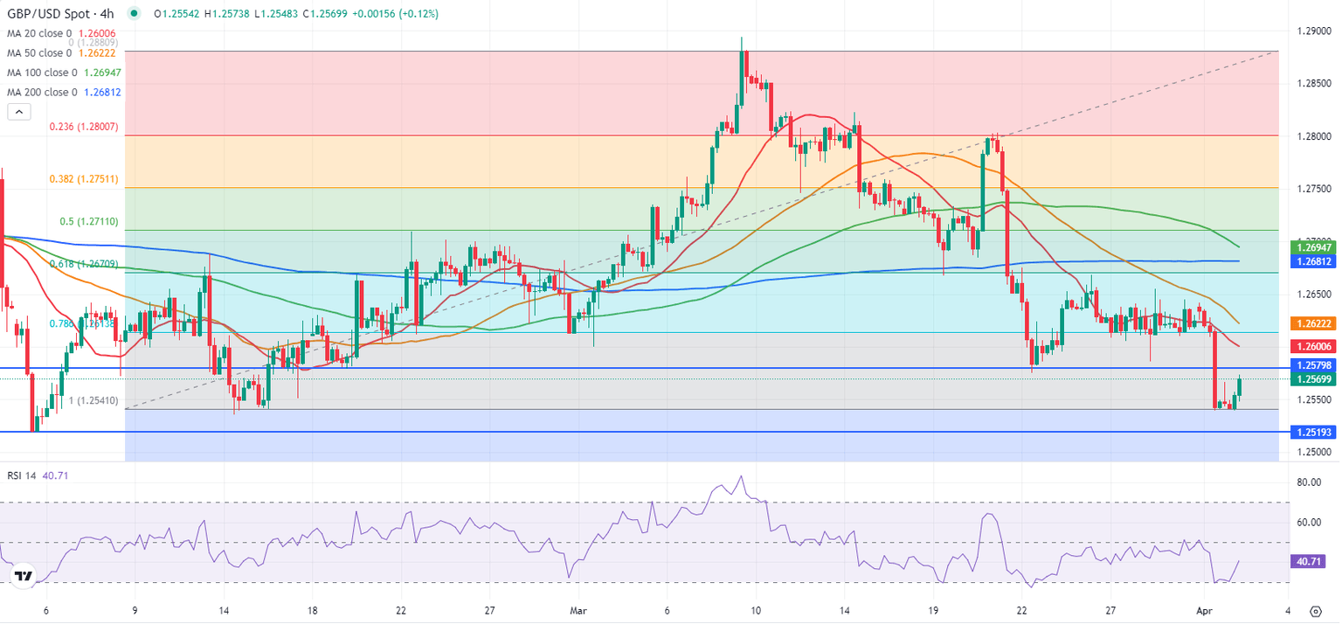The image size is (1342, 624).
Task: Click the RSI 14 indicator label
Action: coord(24,475)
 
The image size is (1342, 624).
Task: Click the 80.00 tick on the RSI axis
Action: coord(1308,482)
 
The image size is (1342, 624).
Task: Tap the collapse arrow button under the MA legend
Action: coord(18,111)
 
